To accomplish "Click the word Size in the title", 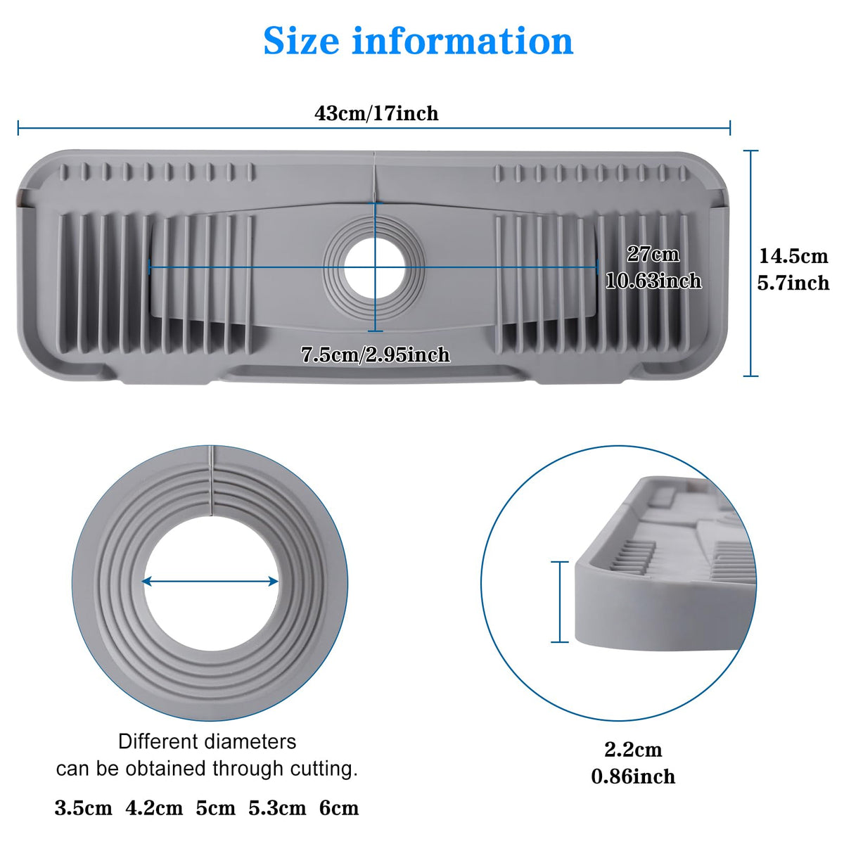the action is tap(301, 41).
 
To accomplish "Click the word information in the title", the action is tap(463, 41).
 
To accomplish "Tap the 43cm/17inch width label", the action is tap(376, 113).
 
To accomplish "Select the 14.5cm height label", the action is tap(793, 256).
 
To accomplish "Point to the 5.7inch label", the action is tap(793, 283).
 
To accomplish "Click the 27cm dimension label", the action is tap(653, 254).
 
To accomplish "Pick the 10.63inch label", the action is tap(653, 281).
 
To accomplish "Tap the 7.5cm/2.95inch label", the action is tap(376, 354).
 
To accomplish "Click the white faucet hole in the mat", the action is tap(374, 269).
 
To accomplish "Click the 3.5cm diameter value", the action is tap(83, 808).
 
